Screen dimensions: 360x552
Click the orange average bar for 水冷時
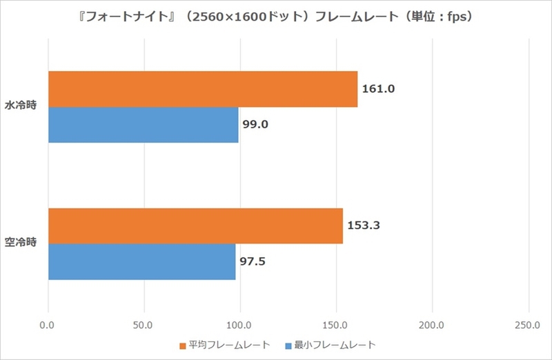pyautogui.click(x=203, y=89)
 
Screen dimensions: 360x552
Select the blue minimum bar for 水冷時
pyautogui.click(x=144, y=125)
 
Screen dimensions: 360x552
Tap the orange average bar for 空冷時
pyautogui.click(x=195, y=226)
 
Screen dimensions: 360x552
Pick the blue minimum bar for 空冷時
pyautogui.click(x=142, y=261)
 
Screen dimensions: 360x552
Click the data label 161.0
pyautogui.click(x=378, y=89)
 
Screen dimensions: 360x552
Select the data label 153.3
pyautogui.click(x=363, y=226)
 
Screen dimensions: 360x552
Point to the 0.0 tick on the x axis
pyautogui.click(x=48, y=324)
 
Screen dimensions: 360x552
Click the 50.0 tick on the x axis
pyautogui.click(x=144, y=324)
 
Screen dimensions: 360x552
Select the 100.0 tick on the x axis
pyautogui.click(x=239, y=324)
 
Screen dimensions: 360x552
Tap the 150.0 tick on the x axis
pyautogui.click(x=336, y=324)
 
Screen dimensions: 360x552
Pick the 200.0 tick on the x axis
pyautogui.click(x=432, y=324)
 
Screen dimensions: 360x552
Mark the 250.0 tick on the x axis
pyautogui.click(x=528, y=324)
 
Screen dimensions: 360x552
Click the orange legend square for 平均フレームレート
pyautogui.click(x=183, y=344)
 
